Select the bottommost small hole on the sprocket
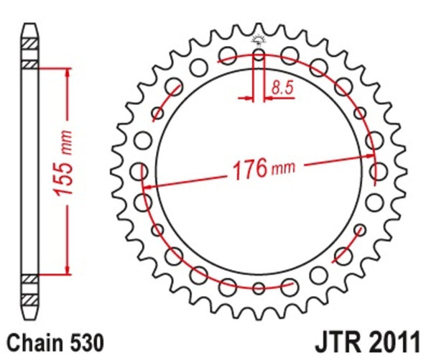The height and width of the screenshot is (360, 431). (259, 289)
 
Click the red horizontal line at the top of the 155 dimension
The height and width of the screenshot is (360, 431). (50, 67)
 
